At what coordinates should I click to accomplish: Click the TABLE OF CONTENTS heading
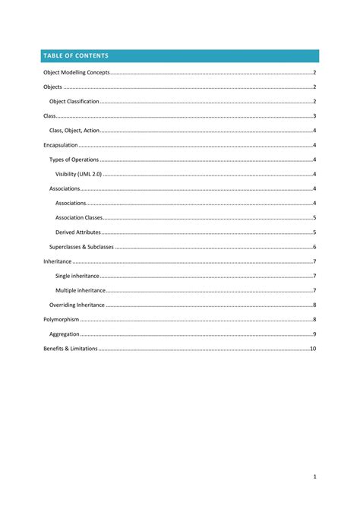[76, 56]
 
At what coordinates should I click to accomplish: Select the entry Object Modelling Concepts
[77, 72]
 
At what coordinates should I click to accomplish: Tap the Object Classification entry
[74, 101]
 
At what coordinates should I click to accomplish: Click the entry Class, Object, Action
[74, 131]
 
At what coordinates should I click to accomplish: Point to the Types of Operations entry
[74, 160]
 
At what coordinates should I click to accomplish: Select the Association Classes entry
[79, 218]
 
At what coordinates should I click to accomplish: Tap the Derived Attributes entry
[78, 232]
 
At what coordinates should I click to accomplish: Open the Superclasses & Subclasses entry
[81, 247]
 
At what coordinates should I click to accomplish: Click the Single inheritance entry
[77, 276]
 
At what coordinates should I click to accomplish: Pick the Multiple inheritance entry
[80, 290]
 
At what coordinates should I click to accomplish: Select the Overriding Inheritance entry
[77, 305]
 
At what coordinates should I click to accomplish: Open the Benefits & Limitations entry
[71, 349]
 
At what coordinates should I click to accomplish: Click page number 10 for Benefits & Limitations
[312, 349]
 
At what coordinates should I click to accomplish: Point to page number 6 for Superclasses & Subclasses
[314, 247]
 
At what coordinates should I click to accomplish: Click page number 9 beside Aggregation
[314, 334]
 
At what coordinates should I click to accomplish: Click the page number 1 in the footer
[314, 476]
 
